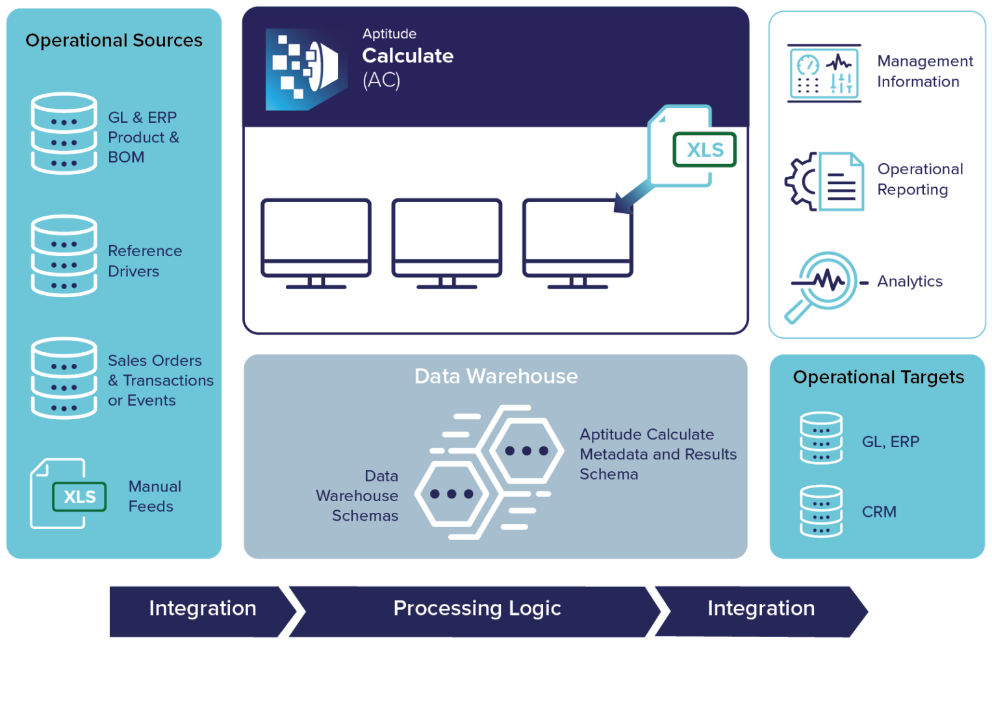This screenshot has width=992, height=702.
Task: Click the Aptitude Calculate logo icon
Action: coord(305,69)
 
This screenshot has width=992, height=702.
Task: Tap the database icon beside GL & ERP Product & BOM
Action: coord(64,133)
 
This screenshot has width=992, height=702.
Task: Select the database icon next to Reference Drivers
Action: coord(64,255)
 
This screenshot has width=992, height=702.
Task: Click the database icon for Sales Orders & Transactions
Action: coord(64,378)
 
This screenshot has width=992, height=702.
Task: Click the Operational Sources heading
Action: coord(114,40)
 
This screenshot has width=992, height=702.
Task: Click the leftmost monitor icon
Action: coord(316,242)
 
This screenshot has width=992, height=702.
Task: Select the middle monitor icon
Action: coord(447,242)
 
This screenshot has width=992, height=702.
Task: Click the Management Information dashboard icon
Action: coord(824,73)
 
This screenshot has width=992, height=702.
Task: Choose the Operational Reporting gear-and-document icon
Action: coord(824,181)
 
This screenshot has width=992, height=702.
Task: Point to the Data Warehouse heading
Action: coord(496,376)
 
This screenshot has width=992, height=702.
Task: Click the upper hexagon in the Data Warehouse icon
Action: coord(526,450)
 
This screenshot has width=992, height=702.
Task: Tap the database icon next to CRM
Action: coord(821,512)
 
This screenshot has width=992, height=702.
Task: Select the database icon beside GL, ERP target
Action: coord(821,438)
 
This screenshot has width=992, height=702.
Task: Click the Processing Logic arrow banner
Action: coord(476,609)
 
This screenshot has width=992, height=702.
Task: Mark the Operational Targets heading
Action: coord(878,377)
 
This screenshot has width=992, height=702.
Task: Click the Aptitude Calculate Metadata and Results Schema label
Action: coord(657,454)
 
